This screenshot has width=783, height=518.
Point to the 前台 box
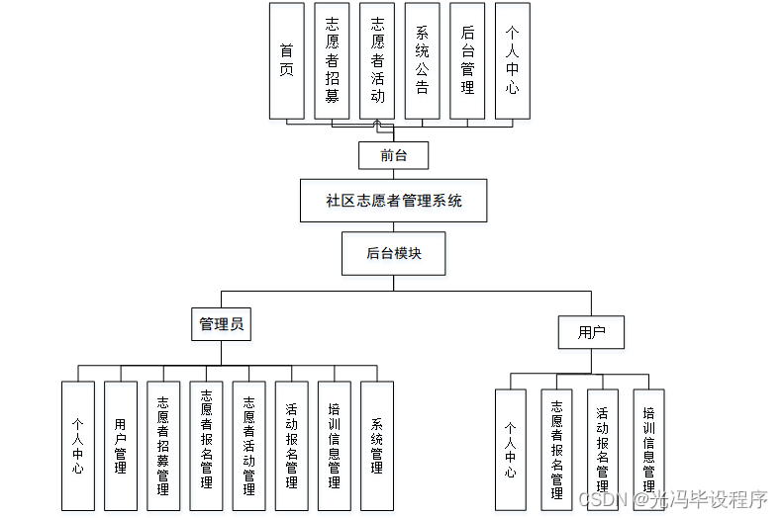[x=393, y=155]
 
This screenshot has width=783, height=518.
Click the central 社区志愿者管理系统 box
[x=393, y=201]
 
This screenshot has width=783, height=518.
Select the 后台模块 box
[x=393, y=253]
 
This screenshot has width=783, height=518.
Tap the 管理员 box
[x=221, y=323]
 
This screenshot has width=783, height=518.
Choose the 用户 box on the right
[x=591, y=332]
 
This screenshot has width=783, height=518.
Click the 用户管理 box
[x=121, y=446]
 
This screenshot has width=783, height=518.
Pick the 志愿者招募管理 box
[x=163, y=446]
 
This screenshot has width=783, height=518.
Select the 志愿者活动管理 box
[x=248, y=446]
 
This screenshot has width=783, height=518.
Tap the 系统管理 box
[x=376, y=446]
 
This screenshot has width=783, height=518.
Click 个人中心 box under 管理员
[x=77, y=446]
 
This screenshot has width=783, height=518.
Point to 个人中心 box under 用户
[x=510, y=450]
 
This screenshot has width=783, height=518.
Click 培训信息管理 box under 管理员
[x=334, y=446]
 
